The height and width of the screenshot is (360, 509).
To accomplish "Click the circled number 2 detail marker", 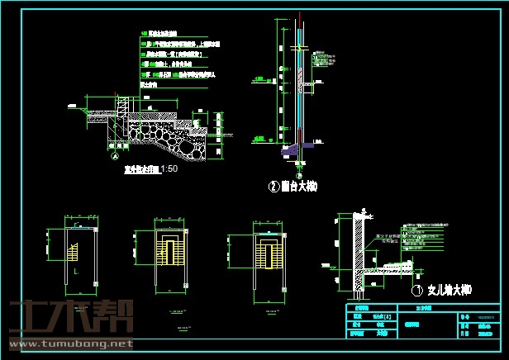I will [274, 187].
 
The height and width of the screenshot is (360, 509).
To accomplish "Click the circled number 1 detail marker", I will [416, 291].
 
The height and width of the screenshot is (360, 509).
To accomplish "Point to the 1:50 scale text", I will [169, 168].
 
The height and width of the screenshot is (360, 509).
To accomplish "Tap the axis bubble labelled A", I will [114, 154].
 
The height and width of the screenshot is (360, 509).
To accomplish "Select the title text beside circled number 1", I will [448, 291].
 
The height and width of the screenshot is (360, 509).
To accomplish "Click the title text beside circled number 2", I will [299, 187].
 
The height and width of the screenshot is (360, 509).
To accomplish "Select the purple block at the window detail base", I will [289, 152].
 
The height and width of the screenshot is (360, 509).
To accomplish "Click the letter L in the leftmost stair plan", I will [76, 271].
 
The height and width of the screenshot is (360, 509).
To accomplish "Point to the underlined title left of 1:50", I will [135, 168].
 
